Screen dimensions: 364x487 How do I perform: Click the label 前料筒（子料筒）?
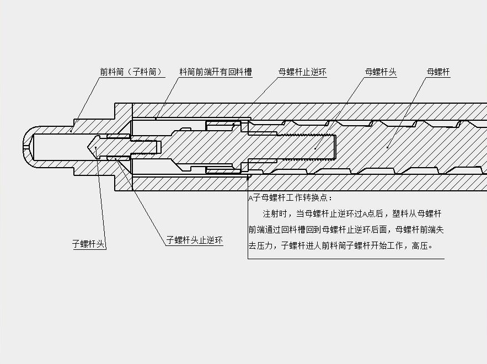click(132, 72)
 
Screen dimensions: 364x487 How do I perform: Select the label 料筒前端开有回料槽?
click(216, 72)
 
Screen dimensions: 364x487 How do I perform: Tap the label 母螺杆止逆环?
click(302, 72)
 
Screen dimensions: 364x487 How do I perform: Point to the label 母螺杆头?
click(381, 72)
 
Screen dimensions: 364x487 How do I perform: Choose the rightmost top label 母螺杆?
click(438, 72)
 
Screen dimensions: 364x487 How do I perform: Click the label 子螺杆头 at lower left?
click(88, 244)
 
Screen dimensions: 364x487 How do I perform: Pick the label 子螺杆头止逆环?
click(195, 240)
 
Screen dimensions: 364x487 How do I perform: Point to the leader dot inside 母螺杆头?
click(315, 147)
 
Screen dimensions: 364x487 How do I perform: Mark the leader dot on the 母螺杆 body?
click(388, 147)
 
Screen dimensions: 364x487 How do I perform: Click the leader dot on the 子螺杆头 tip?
click(96, 148)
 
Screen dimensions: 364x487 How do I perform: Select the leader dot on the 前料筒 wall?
click(72, 131)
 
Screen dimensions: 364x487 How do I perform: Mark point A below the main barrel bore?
click(249, 176)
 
